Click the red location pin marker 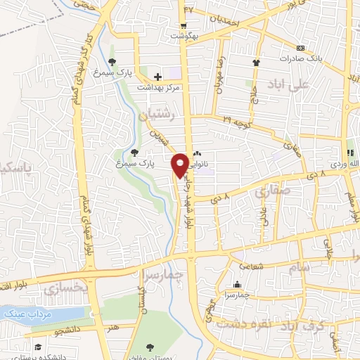(180, 165)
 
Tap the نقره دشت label (238, 324)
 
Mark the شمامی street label (250, 266)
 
